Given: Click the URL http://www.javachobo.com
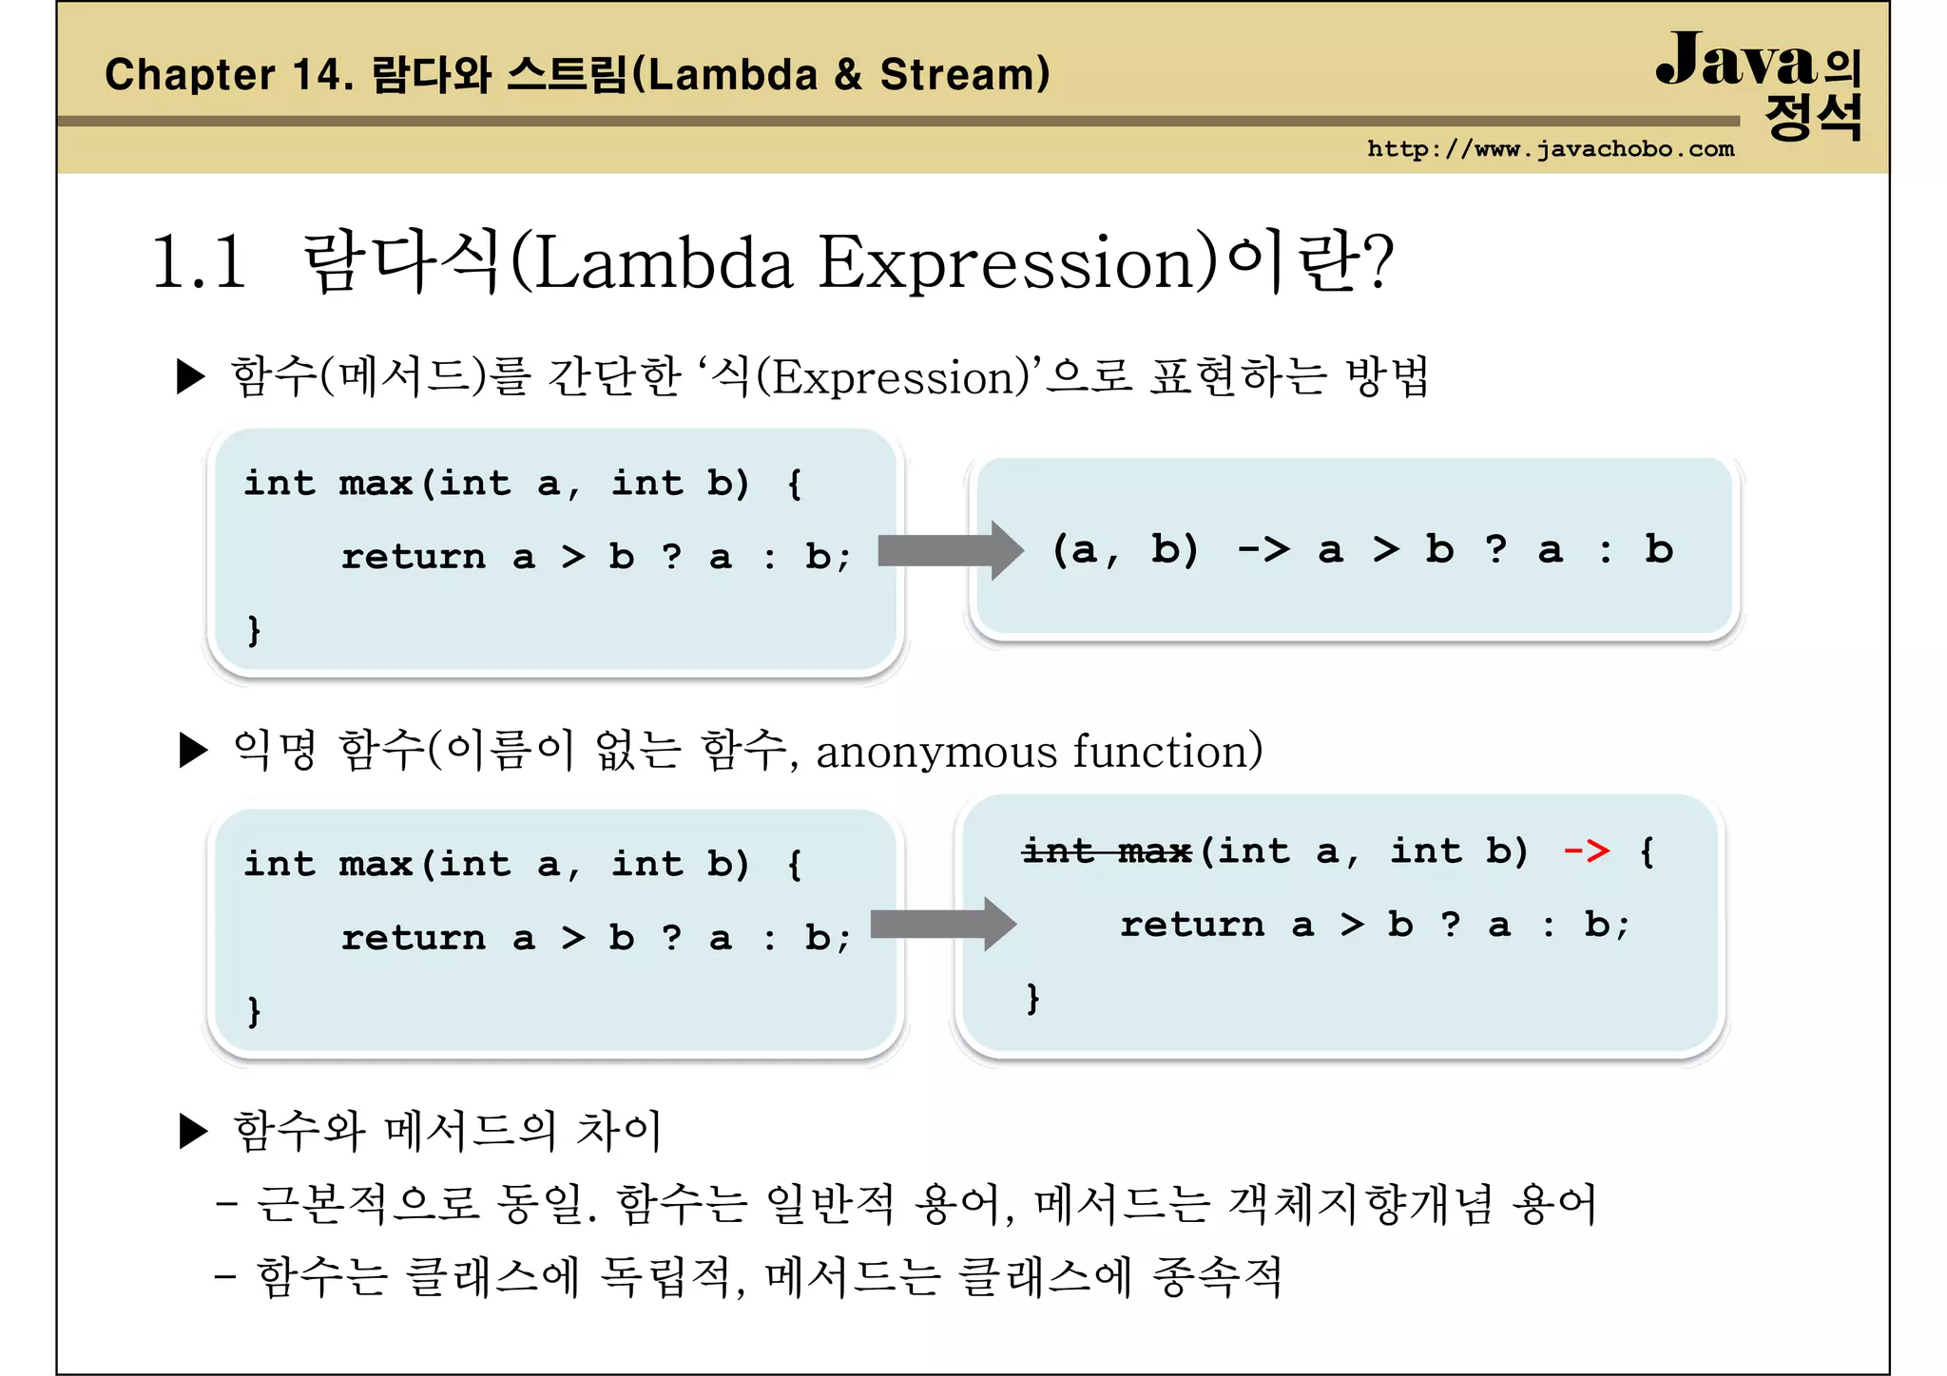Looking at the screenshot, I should click(x=1550, y=149).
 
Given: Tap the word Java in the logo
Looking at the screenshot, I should click(x=1736, y=61).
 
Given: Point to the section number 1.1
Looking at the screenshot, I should click(x=199, y=261).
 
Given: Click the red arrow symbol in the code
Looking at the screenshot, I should click(x=1587, y=850).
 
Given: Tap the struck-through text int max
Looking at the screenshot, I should click(x=1107, y=850).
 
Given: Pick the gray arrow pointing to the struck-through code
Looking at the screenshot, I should click(x=943, y=924).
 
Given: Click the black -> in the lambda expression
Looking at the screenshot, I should click(x=1263, y=549).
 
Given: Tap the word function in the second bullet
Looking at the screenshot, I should click(x=1167, y=751).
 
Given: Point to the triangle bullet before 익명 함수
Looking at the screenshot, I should click(x=193, y=751).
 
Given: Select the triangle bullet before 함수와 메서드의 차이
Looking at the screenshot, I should click(x=193, y=1131).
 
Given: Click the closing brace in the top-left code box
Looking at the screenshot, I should click(x=253, y=629).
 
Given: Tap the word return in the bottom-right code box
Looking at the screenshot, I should click(x=1192, y=925).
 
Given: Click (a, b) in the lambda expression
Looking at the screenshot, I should click(x=1125, y=549).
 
